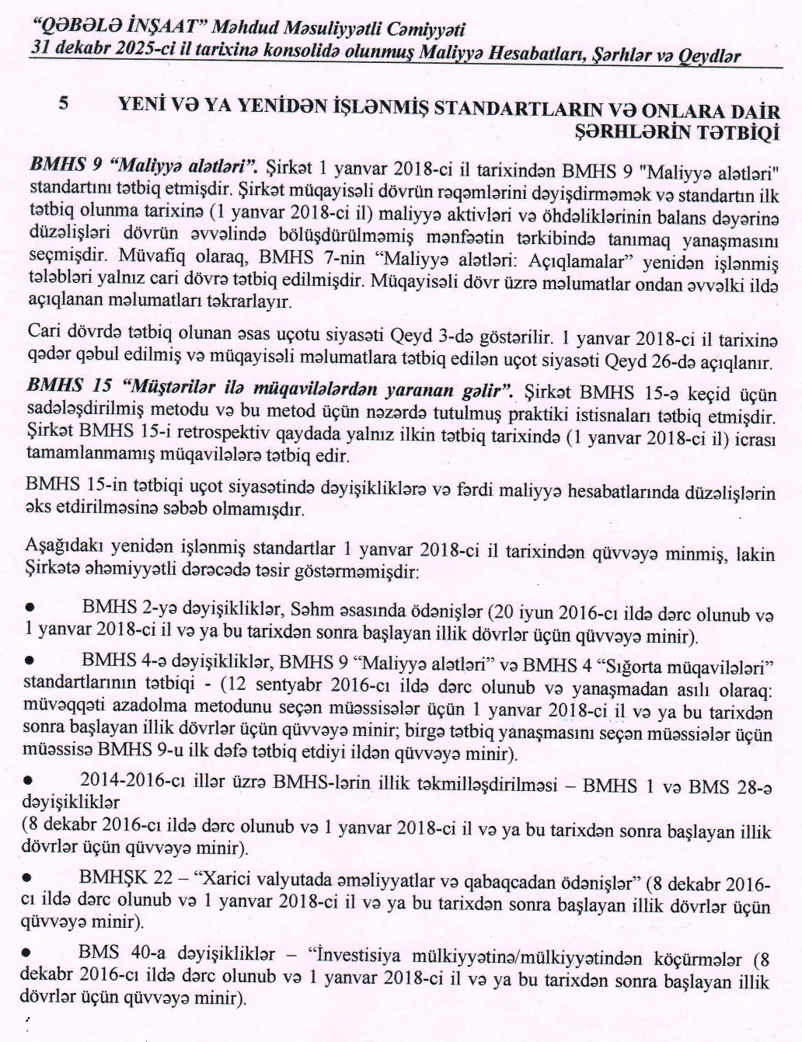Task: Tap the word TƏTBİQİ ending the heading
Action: [x=737, y=133]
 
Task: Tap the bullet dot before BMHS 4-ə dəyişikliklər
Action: [x=31, y=660]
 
